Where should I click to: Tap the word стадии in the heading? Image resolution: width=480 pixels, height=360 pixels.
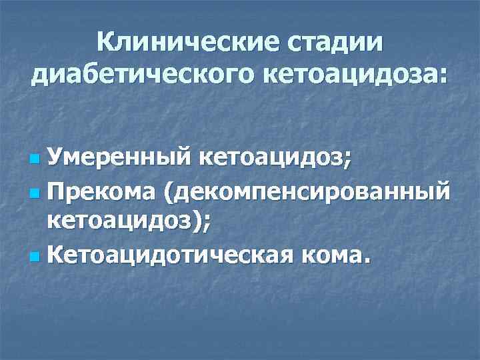(x=337, y=45)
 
